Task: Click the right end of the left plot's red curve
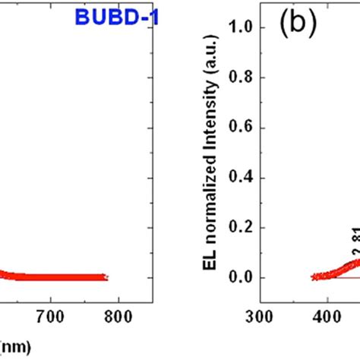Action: pos(106,277)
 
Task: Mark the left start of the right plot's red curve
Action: pos(292,277)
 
